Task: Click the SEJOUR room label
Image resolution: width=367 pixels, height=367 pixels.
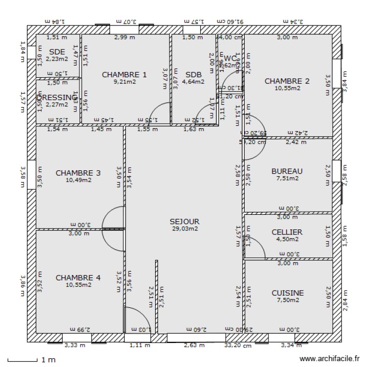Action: (185, 221)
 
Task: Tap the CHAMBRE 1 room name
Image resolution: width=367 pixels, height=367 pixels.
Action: (124, 74)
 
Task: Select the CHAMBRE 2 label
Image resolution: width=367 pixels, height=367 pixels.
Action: (287, 81)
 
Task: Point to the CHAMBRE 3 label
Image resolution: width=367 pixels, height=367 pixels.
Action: (78, 173)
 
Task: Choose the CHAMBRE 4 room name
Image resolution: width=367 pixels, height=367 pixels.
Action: (78, 277)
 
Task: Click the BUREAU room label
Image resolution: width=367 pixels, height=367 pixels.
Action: (287, 171)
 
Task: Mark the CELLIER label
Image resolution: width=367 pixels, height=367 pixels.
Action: (287, 232)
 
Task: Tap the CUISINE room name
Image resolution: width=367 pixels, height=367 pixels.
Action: (288, 293)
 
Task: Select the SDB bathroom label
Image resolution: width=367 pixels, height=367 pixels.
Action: (193, 74)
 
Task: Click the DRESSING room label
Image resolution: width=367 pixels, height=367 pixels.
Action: (58, 97)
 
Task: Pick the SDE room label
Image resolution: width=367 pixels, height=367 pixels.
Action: (57, 52)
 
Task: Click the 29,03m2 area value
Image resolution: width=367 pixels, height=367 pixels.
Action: (185, 229)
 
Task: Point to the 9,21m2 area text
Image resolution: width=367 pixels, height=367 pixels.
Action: (124, 82)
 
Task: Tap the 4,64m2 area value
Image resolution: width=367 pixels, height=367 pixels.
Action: (193, 82)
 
